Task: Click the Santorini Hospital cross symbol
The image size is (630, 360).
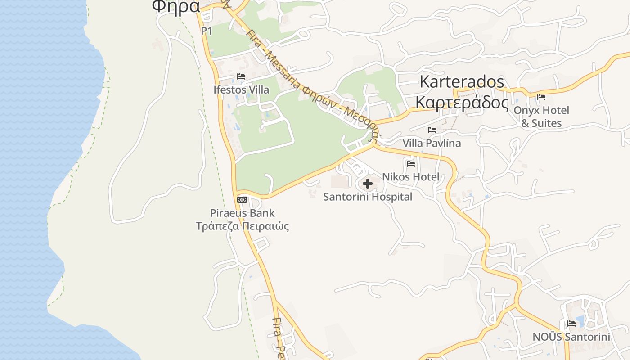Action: tap(368, 184)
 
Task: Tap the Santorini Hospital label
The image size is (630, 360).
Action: tap(368, 197)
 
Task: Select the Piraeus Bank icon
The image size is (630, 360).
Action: tap(242, 199)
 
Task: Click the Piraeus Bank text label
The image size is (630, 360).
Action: tap(242, 213)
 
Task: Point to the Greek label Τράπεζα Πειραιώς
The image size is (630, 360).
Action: tap(242, 226)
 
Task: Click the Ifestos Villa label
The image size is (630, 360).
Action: tap(241, 90)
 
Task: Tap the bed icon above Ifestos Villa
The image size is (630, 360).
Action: tap(241, 76)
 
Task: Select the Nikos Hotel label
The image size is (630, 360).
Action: tap(410, 177)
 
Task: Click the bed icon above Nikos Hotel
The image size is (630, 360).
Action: tap(410, 163)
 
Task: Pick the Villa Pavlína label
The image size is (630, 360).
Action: tap(432, 143)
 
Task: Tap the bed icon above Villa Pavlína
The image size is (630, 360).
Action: tap(432, 130)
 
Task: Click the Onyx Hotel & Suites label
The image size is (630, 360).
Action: tap(541, 117)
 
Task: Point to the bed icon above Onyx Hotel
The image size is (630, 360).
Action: tap(541, 97)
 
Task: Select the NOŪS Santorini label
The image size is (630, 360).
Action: tap(571, 337)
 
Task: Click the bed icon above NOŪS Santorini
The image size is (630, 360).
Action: tap(571, 323)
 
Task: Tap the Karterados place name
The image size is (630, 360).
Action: tap(462, 82)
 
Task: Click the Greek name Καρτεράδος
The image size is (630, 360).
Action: tap(462, 102)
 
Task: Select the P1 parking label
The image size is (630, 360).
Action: tap(206, 31)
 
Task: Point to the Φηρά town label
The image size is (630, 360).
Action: tap(175, 7)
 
